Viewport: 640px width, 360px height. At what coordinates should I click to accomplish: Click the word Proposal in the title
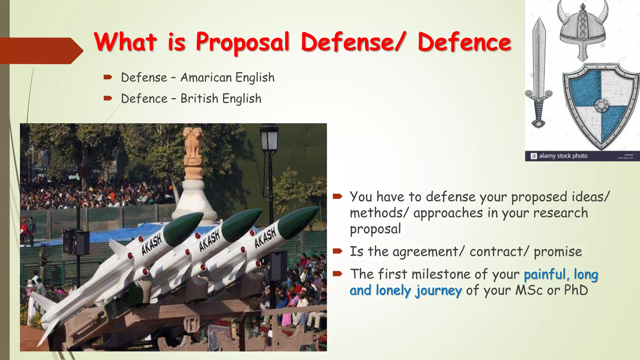242,42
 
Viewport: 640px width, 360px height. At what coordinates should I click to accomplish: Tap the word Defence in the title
464,42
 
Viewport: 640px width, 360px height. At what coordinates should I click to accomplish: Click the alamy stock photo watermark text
563,156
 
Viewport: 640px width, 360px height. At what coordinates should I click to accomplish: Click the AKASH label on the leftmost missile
152,245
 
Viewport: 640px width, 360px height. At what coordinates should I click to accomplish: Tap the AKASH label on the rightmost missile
265,238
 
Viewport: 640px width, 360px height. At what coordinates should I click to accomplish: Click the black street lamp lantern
269,137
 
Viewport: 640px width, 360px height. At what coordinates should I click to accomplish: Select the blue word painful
545,274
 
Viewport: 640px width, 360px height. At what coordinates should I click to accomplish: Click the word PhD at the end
576,290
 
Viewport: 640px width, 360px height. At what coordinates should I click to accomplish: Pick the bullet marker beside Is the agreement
338,251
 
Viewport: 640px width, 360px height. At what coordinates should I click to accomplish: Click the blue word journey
438,291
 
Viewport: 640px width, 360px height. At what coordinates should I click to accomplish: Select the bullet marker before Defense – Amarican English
108,77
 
